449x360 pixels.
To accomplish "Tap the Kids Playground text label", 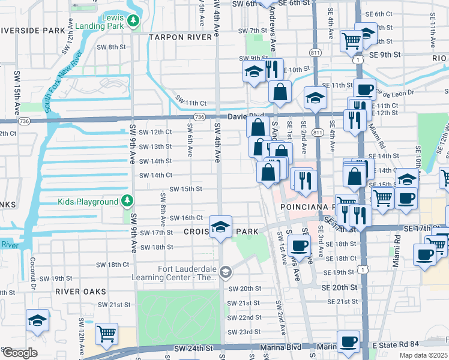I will [x=88, y=202].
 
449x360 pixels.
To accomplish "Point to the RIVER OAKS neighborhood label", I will [x=80, y=291].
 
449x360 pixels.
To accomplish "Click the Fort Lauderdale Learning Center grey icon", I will [x=225, y=273].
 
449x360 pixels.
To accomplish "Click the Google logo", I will [x=19, y=353].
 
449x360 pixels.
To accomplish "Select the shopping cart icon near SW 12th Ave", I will [x=106, y=334].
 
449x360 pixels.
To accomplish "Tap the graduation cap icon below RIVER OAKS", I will [x=37, y=320].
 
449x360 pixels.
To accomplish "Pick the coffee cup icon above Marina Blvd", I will [x=348, y=341].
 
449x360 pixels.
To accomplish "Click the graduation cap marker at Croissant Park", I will [x=220, y=227].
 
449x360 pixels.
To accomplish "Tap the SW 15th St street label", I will [x=185, y=189].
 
